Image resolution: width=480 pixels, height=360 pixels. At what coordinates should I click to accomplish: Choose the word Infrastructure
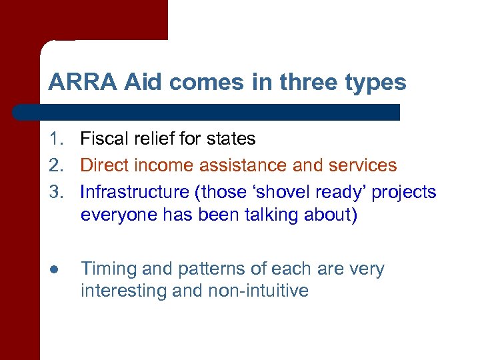pos(134,192)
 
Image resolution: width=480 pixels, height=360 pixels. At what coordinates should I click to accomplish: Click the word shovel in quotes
pos(273,192)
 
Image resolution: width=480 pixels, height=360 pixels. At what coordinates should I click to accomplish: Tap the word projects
pos(404,193)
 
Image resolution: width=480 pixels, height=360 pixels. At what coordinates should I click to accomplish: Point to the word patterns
pos(202,269)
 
